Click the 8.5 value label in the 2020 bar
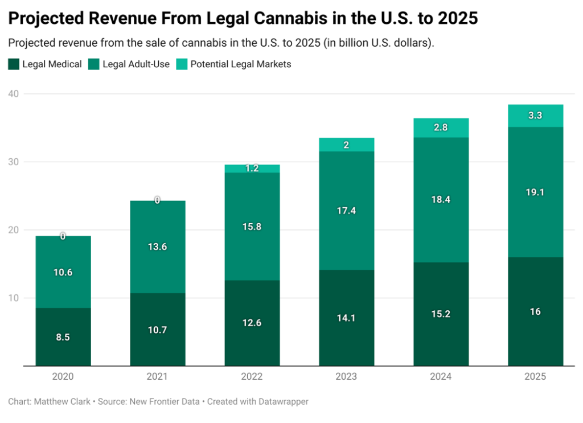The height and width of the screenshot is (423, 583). click(63, 337)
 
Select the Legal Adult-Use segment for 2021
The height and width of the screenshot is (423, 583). click(157, 247)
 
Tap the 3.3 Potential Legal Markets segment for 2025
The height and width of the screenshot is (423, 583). click(535, 116)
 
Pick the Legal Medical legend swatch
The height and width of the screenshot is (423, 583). click(14, 64)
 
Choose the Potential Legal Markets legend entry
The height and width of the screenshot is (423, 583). click(240, 64)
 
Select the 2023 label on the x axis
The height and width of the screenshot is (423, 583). click(346, 377)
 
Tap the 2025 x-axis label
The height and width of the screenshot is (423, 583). click(535, 377)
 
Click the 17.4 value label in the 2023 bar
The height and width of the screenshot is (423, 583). click(346, 211)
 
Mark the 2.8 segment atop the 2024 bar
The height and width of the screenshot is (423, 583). click(441, 128)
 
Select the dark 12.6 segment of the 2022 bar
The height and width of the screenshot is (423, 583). click(252, 323)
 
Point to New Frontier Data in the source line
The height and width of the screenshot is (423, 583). click(165, 401)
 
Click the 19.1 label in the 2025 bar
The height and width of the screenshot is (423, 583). click(535, 192)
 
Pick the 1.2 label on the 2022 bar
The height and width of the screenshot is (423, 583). click(252, 169)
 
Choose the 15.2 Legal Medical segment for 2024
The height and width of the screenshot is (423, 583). click(441, 314)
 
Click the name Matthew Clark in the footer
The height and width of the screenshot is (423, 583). click(62, 401)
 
